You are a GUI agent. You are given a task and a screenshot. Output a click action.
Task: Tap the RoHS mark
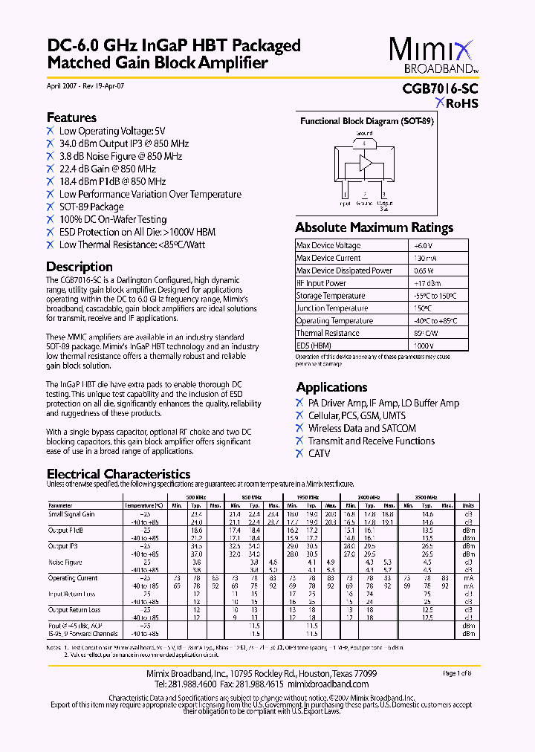tap(456, 103)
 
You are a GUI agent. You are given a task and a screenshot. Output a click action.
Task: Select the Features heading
tap(71, 117)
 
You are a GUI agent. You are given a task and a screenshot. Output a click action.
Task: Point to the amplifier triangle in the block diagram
tap(366, 163)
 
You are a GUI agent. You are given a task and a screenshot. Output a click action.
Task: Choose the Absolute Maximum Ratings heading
tap(374, 227)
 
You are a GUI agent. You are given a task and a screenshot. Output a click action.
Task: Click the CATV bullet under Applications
tap(319, 453)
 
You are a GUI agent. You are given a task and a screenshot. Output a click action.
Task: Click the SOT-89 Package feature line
tap(91, 207)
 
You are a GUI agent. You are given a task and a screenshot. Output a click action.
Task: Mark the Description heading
tap(80, 267)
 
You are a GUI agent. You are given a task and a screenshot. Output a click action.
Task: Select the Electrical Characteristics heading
tap(118, 474)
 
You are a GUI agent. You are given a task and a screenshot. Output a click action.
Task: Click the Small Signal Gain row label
tap(72, 513)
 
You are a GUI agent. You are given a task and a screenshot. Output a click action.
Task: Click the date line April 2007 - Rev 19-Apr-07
tap(85, 86)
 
